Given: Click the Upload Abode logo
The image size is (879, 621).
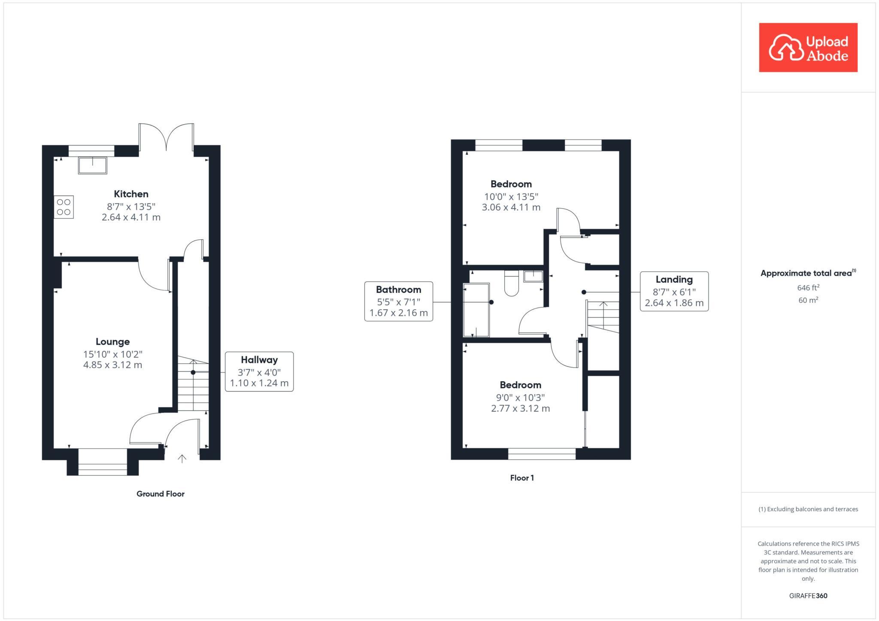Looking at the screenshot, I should click(808, 48).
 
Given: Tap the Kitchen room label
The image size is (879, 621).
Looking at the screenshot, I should click(131, 194).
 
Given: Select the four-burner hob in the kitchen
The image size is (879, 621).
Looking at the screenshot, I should click(64, 207).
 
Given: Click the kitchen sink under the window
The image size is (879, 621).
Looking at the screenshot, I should click(92, 166).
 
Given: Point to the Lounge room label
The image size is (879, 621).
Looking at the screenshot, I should click(112, 342).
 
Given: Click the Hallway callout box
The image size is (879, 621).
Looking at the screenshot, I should click(259, 371).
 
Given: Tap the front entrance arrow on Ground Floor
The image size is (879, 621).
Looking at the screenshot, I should click(182, 459).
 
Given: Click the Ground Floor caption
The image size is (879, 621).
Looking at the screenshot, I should click(160, 494).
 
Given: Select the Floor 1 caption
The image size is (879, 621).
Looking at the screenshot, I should click(522, 478).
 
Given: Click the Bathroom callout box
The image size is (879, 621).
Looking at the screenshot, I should click(398, 301).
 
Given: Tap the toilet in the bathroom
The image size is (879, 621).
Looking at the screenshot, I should click(512, 284).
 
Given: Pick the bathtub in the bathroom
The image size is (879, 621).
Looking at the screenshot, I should click(476, 310).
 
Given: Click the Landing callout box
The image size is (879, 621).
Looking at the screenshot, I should click(674, 291).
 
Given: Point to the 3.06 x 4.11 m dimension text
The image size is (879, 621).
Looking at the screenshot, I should click(511, 208).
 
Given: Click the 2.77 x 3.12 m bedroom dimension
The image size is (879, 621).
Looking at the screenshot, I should click(520, 408).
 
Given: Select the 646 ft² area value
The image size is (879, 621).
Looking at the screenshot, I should click(808, 288).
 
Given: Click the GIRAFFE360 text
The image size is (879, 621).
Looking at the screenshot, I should click(808, 596).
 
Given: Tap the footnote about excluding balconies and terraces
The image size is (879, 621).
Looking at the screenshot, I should click(808, 509).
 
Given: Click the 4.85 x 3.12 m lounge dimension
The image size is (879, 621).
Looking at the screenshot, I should click(112, 365).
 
